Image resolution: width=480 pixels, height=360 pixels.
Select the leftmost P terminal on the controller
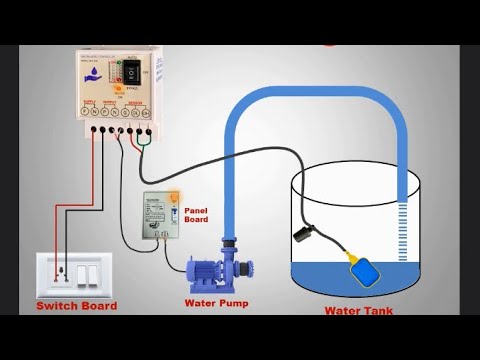pos(92,129)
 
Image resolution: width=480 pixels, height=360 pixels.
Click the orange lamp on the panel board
pos(174,203)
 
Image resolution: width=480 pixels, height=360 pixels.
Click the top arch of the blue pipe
pos(318,91)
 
